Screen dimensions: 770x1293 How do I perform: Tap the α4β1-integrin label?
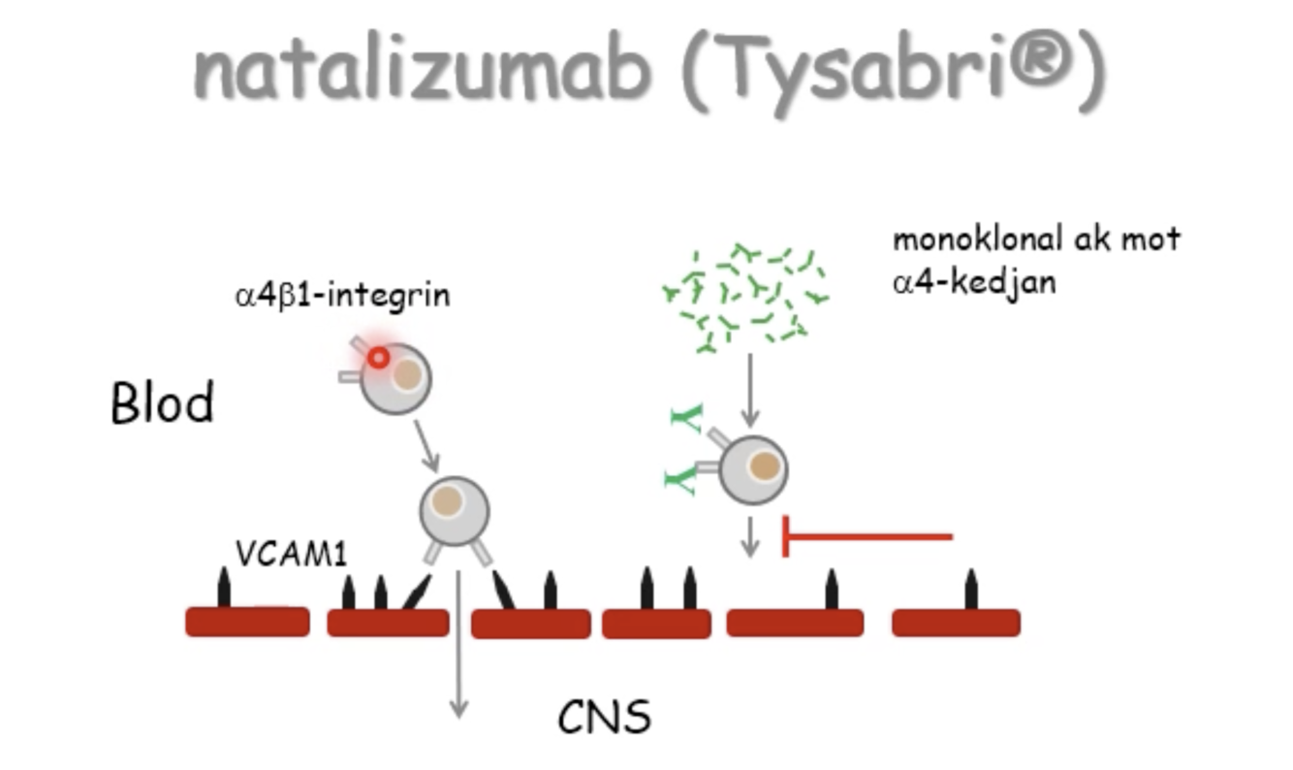coord(342,295)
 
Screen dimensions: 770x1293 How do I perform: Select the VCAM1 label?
coord(291,552)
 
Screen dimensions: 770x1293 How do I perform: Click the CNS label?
coord(604,719)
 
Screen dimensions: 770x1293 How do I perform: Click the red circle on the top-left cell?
coord(378,358)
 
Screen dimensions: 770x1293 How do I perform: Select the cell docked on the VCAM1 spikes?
coord(455,512)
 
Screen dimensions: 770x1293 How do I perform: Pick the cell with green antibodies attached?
coord(753,469)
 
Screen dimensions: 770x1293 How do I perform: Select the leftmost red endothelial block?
coord(247,622)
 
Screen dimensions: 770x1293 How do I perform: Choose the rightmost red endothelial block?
coord(956,622)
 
